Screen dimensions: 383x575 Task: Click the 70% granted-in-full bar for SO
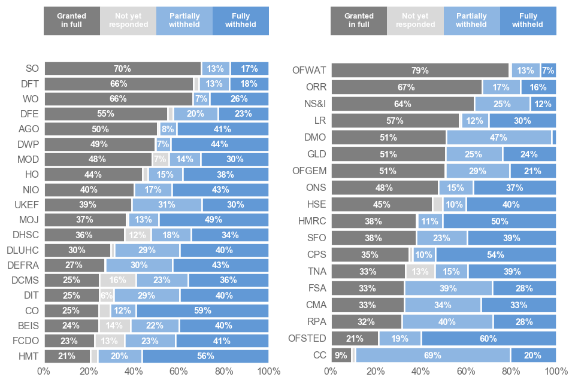coord(123,69)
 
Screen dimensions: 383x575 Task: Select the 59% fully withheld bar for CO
coord(202,311)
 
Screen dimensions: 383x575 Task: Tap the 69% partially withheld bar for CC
coord(432,355)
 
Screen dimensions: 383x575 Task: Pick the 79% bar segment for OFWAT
coord(420,71)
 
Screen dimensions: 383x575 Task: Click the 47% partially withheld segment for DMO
coord(499,137)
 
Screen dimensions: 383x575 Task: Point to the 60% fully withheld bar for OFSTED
coord(489,339)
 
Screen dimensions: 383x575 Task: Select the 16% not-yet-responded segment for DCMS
coord(118,280)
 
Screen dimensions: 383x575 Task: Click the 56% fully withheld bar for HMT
coord(205,356)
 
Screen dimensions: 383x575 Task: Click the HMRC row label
coord(312,221)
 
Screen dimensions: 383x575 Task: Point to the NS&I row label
coord(314,104)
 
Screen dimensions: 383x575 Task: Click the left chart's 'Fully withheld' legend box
coord(241,21)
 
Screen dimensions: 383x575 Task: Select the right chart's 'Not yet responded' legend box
coord(416,21)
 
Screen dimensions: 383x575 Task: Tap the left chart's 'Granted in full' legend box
coord(72,21)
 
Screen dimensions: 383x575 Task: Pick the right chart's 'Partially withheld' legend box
coord(471,21)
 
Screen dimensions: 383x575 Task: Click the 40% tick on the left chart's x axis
coord(134,372)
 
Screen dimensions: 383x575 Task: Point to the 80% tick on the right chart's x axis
coord(511,372)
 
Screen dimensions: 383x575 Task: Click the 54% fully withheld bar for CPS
coord(495,255)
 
